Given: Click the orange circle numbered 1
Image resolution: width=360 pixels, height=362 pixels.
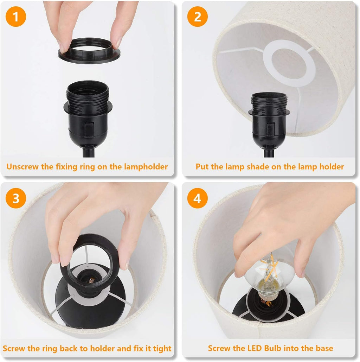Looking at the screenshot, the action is tap(16, 17).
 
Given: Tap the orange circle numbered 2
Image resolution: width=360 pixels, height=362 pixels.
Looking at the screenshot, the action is tap(197, 17).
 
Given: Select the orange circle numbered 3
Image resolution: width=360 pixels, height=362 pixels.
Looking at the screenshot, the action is tap(16, 198).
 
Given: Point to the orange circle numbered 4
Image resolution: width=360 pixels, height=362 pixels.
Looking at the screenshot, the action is tap(197, 198).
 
